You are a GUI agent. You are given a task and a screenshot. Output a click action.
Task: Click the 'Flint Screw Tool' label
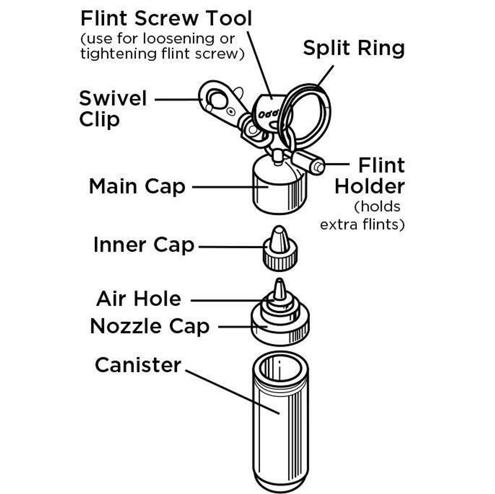tap(166, 19)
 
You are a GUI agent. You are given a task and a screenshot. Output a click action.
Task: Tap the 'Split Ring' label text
tap(353, 48)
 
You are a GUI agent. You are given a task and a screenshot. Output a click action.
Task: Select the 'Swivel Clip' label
tap(112, 109)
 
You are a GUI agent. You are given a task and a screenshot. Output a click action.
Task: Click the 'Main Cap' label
tap(137, 186)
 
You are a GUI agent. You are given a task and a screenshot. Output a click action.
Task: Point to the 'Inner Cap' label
tap(144, 245)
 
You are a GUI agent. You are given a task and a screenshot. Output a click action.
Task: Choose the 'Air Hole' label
tap(138, 298)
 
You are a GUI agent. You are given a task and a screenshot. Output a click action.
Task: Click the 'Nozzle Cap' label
tap(149, 326)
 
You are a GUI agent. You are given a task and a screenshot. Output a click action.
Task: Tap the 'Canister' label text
tap(138, 365)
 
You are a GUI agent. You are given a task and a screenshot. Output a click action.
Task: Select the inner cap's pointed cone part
tap(279, 239)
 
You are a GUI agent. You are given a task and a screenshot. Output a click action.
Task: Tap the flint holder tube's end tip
tap(318, 167)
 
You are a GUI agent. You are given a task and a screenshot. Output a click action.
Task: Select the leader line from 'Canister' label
tap(232, 391)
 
